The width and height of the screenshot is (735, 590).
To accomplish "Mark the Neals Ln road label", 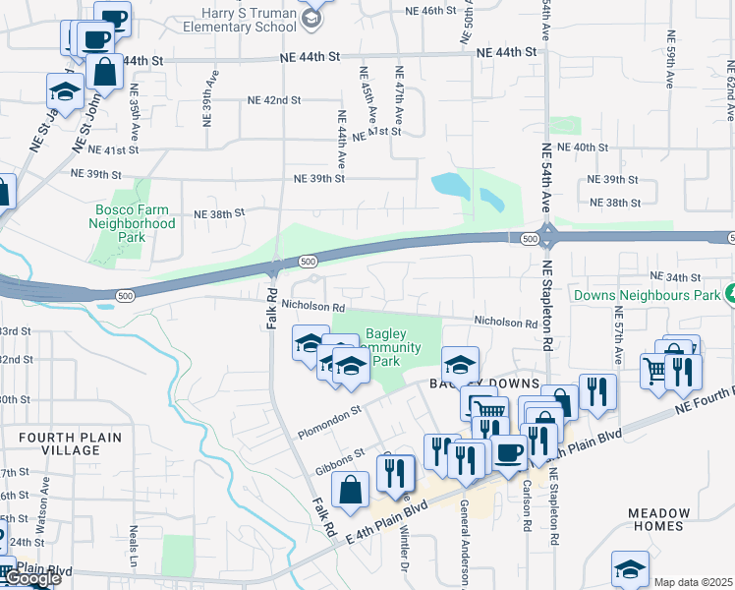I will pyautogui.click(x=133, y=539).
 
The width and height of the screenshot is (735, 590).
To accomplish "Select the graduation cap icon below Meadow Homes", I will pyautogui.click(x=630, y=567).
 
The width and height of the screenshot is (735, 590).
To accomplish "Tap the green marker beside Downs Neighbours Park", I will pyautogui.click(x=728, y=293).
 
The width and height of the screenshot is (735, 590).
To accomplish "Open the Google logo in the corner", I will pyautogui.click(x=31, y=579).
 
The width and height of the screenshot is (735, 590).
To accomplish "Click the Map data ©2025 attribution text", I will pyautogui.click(x=694, y=582).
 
